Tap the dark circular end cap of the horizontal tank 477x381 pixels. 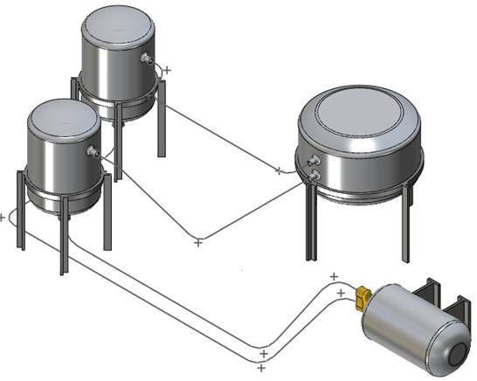pos(454,354)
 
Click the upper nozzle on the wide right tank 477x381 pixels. pos(312,161)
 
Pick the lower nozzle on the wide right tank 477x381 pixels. pos(312,176)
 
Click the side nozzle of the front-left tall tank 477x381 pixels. pos(91,152)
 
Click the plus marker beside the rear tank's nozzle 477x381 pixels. pos(167,70)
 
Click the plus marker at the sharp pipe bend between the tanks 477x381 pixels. pos(198,241)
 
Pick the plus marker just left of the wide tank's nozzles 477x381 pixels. pos(279,170)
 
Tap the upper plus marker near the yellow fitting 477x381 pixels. pos(334,277)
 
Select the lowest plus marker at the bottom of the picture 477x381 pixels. pos(261,368)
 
